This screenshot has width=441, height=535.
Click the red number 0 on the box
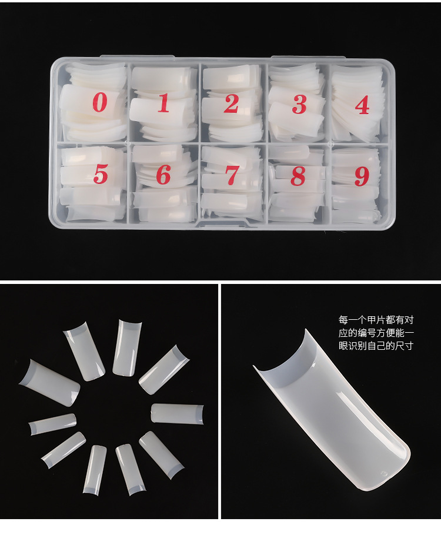[100, 102]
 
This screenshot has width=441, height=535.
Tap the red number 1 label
[163, 103]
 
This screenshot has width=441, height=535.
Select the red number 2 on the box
[231, 103]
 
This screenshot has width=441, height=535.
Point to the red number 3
[299, 105]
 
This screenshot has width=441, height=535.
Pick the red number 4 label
[362, 105]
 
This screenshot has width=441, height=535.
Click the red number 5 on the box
[101, 174]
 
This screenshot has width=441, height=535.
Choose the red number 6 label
[163, 175]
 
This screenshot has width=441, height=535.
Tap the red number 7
[232, 175]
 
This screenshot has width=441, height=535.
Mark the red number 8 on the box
[299, 176]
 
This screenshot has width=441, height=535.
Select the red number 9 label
[362, 176]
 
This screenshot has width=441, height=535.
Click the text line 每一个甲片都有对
[376, 320]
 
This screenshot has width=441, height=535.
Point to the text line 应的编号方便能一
[376, 333]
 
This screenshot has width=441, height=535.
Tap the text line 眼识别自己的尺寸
[376, 346]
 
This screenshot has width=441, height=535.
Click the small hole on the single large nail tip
[385, 472]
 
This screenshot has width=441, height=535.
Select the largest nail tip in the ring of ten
[49, 383]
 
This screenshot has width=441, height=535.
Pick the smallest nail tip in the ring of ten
[53, 423]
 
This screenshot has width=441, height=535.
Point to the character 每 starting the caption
[343, 320]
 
